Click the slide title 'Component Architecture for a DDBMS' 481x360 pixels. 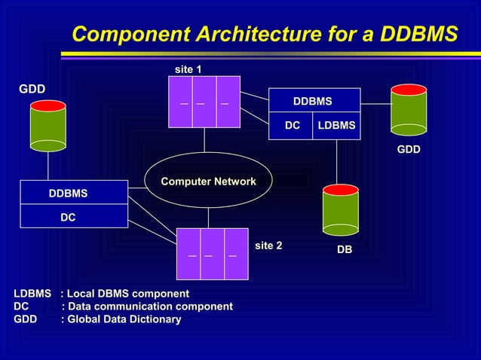(x=265, y=35)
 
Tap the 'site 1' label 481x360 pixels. (x=188, y=69)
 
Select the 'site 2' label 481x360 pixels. (x=268, y=246)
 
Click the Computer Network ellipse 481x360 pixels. (x=208, y=181)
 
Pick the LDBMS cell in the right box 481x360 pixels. (x=336, y=126)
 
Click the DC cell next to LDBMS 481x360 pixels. (x=292, y=126)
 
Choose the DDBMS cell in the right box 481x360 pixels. (x=313, y=100)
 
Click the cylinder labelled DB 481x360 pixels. (x=340, y=210)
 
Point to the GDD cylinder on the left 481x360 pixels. (x=47, y=125)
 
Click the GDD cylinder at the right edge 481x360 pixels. (x=409, y=110)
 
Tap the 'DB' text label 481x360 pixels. (x=344, y=249)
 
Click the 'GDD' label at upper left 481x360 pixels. (x=32, y=89)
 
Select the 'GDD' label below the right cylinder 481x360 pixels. (x=409, y=150)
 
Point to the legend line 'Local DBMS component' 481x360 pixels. (x=102, y=293)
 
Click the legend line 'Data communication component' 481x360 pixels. (x=123, y=306)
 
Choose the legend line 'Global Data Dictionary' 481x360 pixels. (x=97, y=319)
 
